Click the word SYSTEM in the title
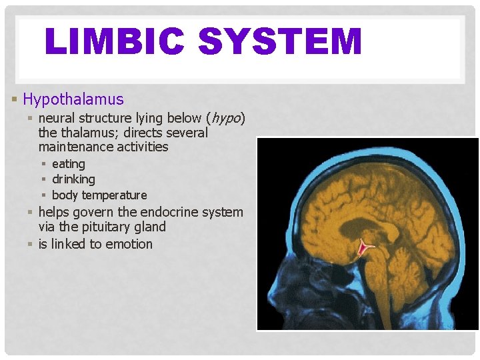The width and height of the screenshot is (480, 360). [x=280, y=41]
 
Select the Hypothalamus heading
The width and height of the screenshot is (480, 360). [x=73, y=99]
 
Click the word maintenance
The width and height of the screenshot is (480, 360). [x=73, y=147]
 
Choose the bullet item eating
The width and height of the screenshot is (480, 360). [x=69, y=163]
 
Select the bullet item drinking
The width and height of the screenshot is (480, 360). [x=73, y=179]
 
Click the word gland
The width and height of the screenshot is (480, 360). [x=149, y=227]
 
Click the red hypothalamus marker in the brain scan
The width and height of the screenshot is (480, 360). [x=364, y=248]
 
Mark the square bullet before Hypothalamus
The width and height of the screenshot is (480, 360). [x=15, y=100]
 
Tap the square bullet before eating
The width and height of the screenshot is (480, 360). [x=43, y=164]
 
